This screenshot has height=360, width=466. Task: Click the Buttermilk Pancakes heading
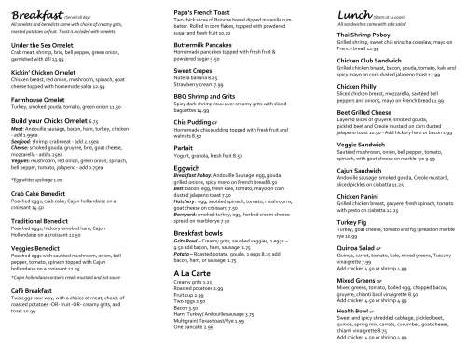pyautogui.click(x=187, y=46)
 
